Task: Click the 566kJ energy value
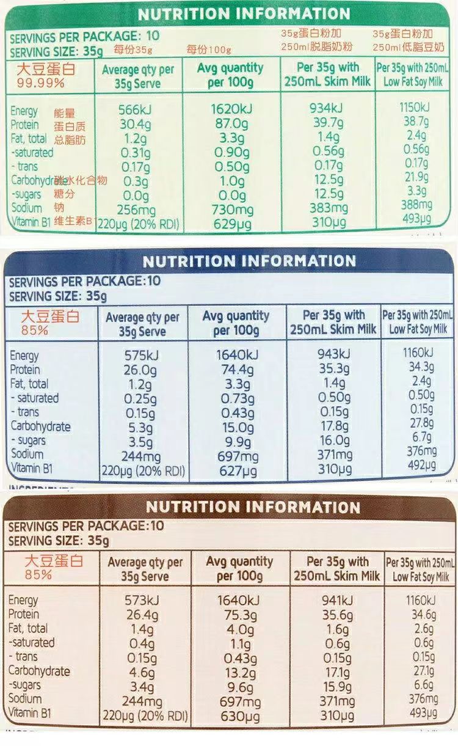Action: [x=137, y=110]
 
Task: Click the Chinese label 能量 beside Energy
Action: [x=64, y=113]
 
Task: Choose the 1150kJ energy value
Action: [x=416, y=108]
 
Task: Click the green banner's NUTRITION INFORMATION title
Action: [x=244, y=13]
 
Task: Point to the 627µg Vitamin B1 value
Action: [x=238, y=470]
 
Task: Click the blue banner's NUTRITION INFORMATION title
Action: [x=249, y=261]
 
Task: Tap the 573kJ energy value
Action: [x=142, y=600]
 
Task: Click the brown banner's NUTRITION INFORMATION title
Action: [x=253, y=507]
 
